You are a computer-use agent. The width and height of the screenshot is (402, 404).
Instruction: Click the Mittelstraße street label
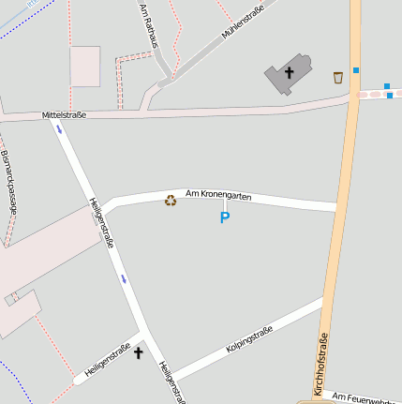(x=64, y=115)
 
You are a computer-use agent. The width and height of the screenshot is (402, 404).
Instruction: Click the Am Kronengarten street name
(x=219, y=195)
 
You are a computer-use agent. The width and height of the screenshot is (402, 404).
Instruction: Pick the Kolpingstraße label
(x=249, y=340)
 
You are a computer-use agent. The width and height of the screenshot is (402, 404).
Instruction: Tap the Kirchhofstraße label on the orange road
(x=322, y=365)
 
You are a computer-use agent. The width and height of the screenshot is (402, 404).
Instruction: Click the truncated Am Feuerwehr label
(x=366, y=398)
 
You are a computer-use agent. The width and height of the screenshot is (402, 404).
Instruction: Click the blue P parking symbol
(x=224, y=217)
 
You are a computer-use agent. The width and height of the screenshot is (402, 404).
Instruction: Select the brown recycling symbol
(x=171, y=199)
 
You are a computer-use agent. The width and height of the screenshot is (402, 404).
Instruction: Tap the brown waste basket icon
(x=337, y=77)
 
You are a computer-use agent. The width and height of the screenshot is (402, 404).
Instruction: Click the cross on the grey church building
(x=289, y=72)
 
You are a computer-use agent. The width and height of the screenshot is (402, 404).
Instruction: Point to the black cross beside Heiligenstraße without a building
(x=139, y=352)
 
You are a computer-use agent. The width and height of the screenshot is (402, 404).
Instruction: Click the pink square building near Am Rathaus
(x=85, y=66)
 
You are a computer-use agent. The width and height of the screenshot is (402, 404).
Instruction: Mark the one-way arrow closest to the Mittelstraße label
(x=60, y=129)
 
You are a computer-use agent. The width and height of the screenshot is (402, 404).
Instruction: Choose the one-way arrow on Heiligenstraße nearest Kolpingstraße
(x=123, y=278)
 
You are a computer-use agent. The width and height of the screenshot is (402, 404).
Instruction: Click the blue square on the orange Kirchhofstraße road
(x=356, y=70)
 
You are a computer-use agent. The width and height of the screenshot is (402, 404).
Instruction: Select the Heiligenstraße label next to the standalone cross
(x=108, y=360)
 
